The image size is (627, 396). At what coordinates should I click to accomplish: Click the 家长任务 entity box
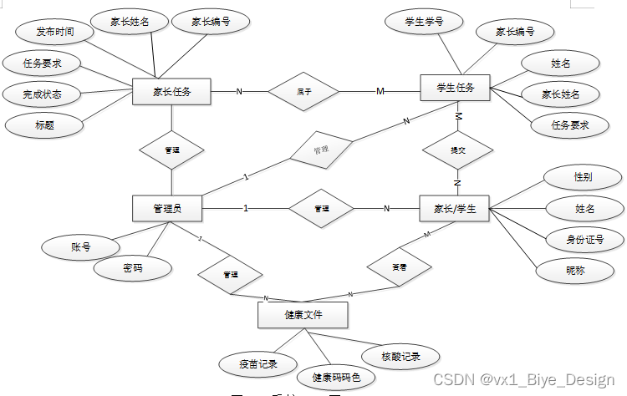click(x=171, y=91)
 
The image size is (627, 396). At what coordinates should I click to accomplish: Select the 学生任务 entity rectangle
click(x=455, y=88)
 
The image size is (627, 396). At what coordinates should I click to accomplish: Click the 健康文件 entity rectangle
click(x=303, y=314)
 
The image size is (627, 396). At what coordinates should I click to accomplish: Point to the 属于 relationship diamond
click(x=303, y=91)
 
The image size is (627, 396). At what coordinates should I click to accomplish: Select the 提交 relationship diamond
click(x=457, y=151)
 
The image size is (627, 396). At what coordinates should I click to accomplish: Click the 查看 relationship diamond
click(x=400, y=267)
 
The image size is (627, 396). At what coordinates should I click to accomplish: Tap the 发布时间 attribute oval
click(x=54, y=32)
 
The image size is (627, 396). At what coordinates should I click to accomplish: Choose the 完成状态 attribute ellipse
click(x=42, y=93)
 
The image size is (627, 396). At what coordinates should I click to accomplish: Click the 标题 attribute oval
click(x=44, y=124)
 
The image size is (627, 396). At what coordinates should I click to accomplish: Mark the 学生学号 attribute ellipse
click(x=423, y=20)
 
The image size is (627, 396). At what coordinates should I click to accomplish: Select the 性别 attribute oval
click(x=583, y=177)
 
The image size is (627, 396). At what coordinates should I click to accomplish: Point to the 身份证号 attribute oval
click(x=584, y=240)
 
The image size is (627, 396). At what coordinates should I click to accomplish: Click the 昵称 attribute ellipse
click(x=575, y=271)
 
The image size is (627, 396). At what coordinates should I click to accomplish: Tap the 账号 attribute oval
click(x=81, y=246)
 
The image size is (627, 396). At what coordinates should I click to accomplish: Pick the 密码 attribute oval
click(x=132, y=268)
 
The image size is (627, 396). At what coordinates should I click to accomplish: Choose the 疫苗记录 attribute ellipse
click(x=257, y=364)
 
